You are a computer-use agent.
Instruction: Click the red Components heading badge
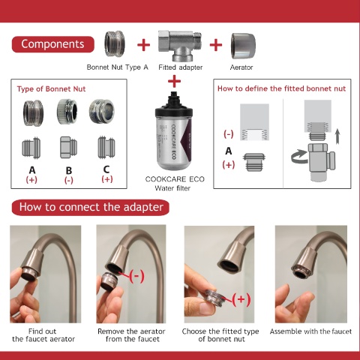tap(53, 44)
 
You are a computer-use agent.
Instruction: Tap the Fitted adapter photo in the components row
tap(180, 46)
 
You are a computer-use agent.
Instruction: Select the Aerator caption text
tap(241, 67)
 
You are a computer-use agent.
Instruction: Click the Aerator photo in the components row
tap(243, 46)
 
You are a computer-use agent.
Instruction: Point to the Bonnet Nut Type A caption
tap(118, 67)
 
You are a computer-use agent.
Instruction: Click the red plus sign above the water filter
tap(174, 82)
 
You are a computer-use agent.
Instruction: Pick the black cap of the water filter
tap(174, 103)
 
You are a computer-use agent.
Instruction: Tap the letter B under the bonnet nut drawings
tap(69, 171)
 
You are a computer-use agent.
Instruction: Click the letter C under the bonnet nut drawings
tap(106, 169)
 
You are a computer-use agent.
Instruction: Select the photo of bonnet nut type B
tap(67, 112)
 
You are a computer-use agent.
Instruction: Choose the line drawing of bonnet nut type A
tap(31, 148)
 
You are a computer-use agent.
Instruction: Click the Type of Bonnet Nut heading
tap(51, 89)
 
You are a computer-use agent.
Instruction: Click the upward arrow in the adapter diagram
tap(337, 136)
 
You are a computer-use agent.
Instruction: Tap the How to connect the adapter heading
tap(91, 207)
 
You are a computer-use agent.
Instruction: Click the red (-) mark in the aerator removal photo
tap(136, 276)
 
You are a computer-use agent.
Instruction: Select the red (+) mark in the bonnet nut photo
tap(241, 299)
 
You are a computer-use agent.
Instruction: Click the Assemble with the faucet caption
tap(310, 331)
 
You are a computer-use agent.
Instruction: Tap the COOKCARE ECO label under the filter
tap(175, 179)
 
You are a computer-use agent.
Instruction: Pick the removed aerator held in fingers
tap(109, 281)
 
